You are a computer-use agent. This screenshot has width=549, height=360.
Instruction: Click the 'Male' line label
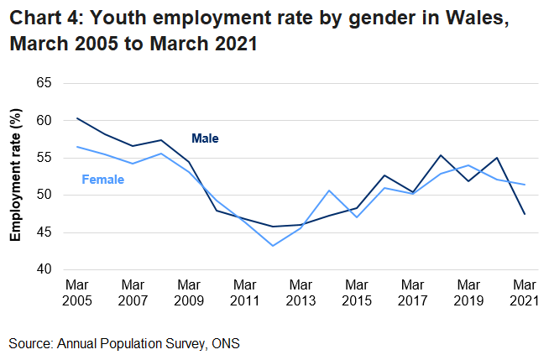[x=205, y=138]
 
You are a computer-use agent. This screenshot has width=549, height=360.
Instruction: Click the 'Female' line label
[x=102, y=180]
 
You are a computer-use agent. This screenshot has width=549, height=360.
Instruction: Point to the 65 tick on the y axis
[x=44, y=83]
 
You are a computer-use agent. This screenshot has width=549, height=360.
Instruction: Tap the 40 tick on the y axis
[x=44, y=269]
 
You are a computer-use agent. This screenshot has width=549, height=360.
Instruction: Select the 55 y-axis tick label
[x=44, y=158]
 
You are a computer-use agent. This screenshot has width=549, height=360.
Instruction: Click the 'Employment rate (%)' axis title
[x=15, y=176]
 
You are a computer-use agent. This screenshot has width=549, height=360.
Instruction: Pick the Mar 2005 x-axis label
[x=76, y=293]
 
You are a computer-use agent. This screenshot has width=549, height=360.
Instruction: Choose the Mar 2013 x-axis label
[x=301, y=293]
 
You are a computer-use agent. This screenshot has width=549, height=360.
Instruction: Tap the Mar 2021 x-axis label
[x=525, y=293]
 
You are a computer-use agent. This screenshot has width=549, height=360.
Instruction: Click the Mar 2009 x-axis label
[x=189, y=293]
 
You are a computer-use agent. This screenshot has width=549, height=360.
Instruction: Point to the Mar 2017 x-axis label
[x=413, y=293]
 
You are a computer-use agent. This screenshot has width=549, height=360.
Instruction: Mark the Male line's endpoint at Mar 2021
[x=525, y=214]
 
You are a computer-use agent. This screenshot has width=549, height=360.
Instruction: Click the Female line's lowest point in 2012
[x=273, y=246]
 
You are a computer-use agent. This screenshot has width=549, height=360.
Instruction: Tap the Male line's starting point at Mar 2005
[x=76, y=118]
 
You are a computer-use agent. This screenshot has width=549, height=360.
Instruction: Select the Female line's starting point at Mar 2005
[x=76, y=147]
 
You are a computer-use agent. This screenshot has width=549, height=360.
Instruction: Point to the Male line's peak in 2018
[x=441, y=155]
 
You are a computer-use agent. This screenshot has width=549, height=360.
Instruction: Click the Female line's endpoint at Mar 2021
[x=525, y=185]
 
